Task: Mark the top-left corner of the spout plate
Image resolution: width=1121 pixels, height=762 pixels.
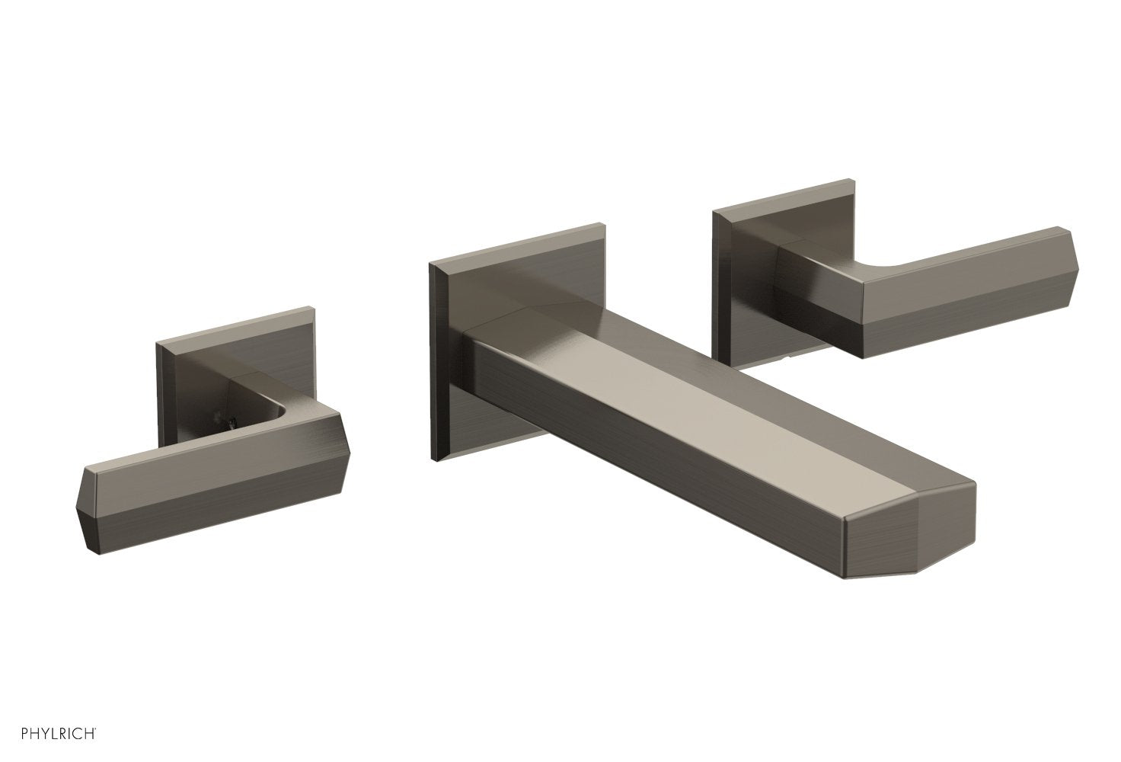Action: (x=433, y=264)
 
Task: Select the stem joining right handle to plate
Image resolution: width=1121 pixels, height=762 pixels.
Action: (x=800, y=267)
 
